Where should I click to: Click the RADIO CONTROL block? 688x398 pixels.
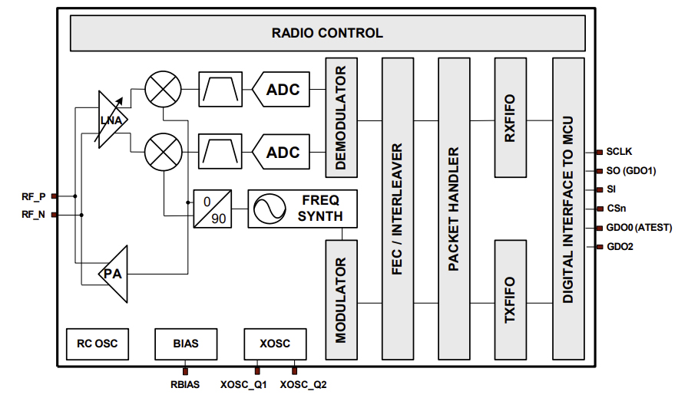click(x=327, y=33)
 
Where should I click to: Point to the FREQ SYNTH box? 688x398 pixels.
click(x=303, y=208)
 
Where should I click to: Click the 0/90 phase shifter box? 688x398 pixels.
click(x=211, y=208)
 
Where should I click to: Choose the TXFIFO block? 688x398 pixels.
click(x=508, y=300)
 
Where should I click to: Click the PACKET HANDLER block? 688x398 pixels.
click(x=453, y=209)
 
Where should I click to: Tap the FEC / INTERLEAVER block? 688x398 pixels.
click(x=396, y=209)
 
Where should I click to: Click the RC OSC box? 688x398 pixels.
click(x=98, y=344)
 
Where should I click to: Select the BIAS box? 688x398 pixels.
click(x=185, y=344)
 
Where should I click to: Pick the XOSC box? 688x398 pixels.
click(x=274, y=344)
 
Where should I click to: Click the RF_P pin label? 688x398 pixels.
click(x=33, y=196)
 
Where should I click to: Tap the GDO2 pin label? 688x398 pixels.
click(x=620, y=247)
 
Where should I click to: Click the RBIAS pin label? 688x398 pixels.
click(x=184, y=384)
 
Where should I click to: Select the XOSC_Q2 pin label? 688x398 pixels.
click(x=304, y=384)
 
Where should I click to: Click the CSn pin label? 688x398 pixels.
click(x=617, y=209)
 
